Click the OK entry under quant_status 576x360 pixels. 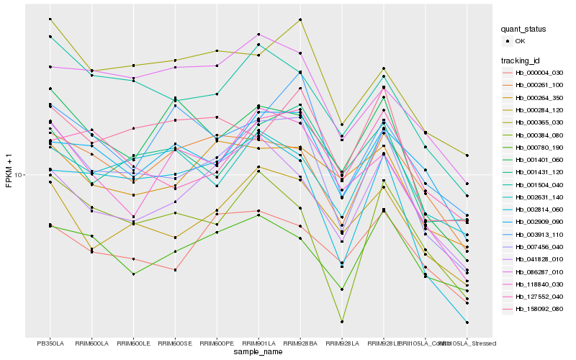click(x=519, y=41)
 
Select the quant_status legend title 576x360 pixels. click(x=523, y=29)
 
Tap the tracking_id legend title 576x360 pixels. click(x=521, y=60)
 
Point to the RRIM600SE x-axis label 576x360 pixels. click(x=175, y=343)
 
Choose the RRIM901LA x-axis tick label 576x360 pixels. click(x=258, y=343)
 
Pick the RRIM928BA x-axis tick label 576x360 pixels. click(x=300, y=343)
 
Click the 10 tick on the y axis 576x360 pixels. click(x=20, y=174)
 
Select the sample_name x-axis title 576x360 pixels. click(x=258, y=352)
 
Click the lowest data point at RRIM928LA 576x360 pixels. click(x=342, y=321)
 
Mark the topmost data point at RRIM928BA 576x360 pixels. click(x=300, y=19)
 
